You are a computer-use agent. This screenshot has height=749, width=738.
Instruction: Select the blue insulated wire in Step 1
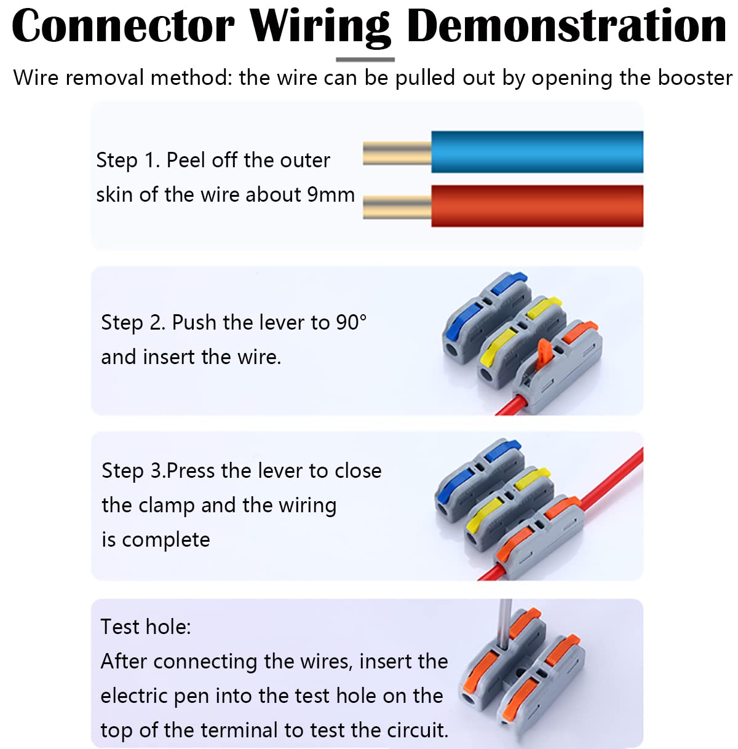click(537, 152)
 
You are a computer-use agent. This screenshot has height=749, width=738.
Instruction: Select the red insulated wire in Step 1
click(537, 205)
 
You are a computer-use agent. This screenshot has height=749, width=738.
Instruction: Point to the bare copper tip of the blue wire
click(397, 153)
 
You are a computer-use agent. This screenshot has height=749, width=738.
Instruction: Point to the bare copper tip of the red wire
click(397, 207)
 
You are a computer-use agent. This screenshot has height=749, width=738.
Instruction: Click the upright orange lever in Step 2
click(543, 354)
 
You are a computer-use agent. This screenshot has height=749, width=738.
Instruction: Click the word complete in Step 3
click(165, 540)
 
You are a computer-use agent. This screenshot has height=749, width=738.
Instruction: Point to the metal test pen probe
click(505, 624)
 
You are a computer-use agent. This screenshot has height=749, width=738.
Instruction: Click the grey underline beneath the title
click(365, 60)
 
